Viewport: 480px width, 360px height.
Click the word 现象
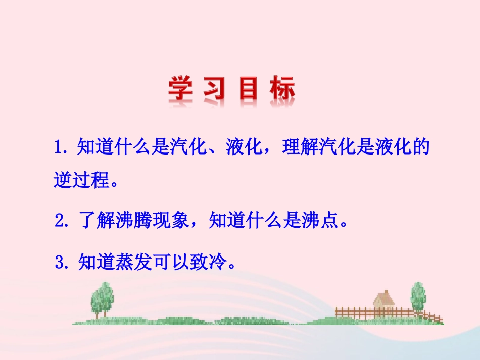[x=170, y=220]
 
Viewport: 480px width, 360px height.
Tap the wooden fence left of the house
[x=354, y=312]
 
